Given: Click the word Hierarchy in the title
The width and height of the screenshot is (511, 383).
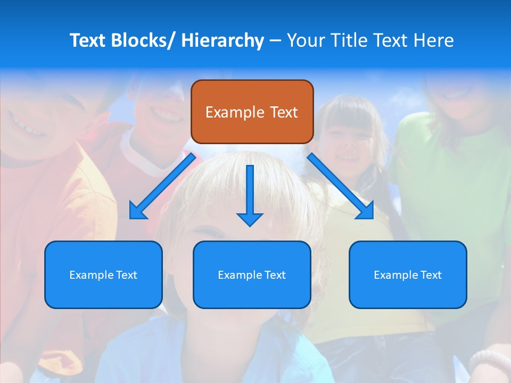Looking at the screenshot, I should pos(222,40).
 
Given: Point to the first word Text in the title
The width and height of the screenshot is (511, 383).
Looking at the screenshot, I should pos(88,40).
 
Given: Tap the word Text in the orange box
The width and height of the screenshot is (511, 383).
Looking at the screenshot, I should pos(284,112).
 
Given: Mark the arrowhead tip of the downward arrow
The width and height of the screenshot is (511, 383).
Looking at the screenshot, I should pos(250,226).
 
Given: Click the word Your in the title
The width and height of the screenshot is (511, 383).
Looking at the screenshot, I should pos(304,40).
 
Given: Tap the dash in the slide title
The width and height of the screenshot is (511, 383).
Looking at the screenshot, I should pos(275,41).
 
